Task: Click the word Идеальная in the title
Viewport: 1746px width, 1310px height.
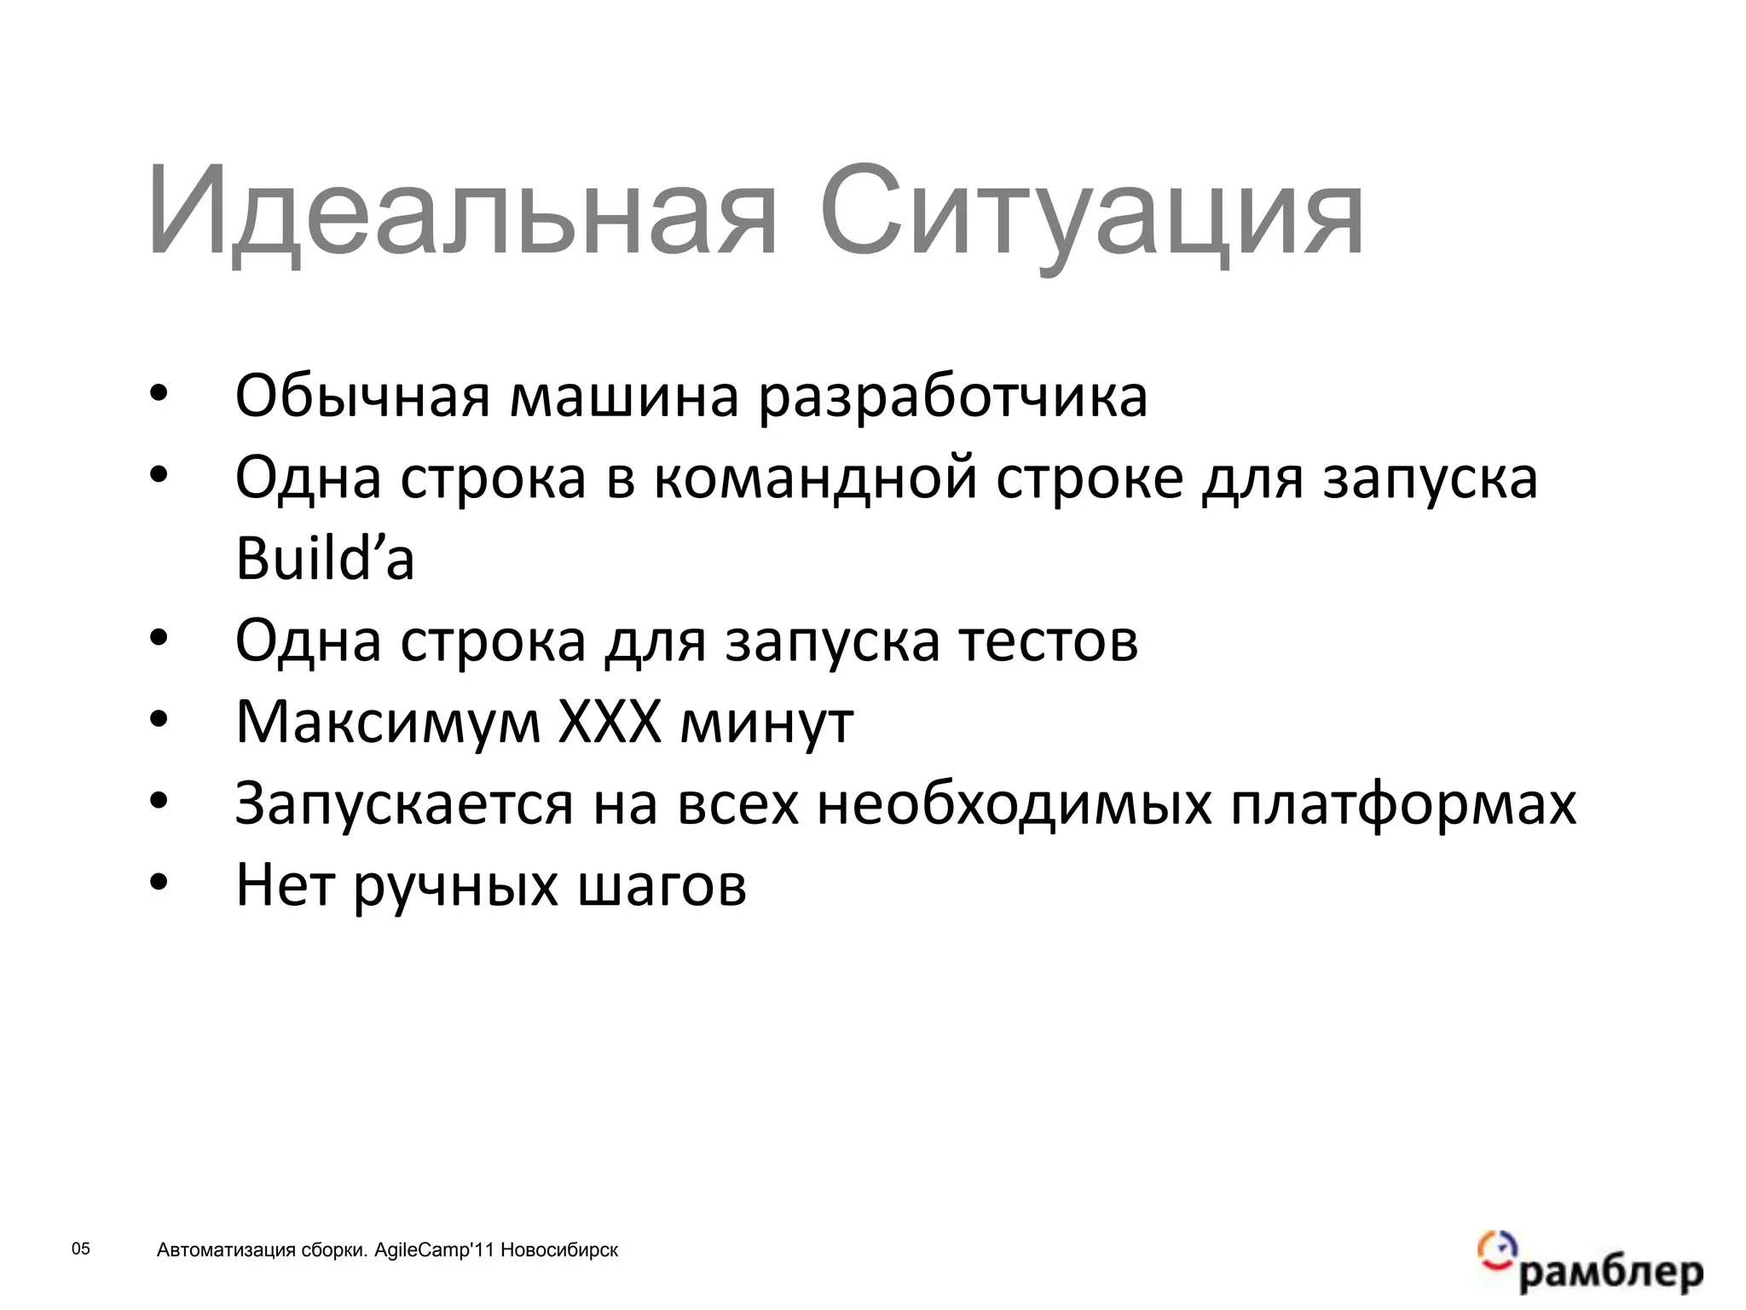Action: (x=461, y=213)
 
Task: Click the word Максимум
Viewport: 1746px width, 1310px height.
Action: (x=388, y=723)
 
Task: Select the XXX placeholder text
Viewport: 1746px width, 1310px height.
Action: (x=610, y=722)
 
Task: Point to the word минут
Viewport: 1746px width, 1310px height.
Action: (x=767, y=723)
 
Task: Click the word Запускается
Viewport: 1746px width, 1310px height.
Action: (x=404, y=805)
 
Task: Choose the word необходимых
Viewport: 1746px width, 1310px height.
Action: (x=1015, y=804)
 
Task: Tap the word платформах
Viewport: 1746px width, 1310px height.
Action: (x=1403, y=805)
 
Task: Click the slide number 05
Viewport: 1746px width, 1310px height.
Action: (x=80, y=1249)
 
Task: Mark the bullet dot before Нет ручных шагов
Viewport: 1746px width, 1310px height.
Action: (x=159, y=884)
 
